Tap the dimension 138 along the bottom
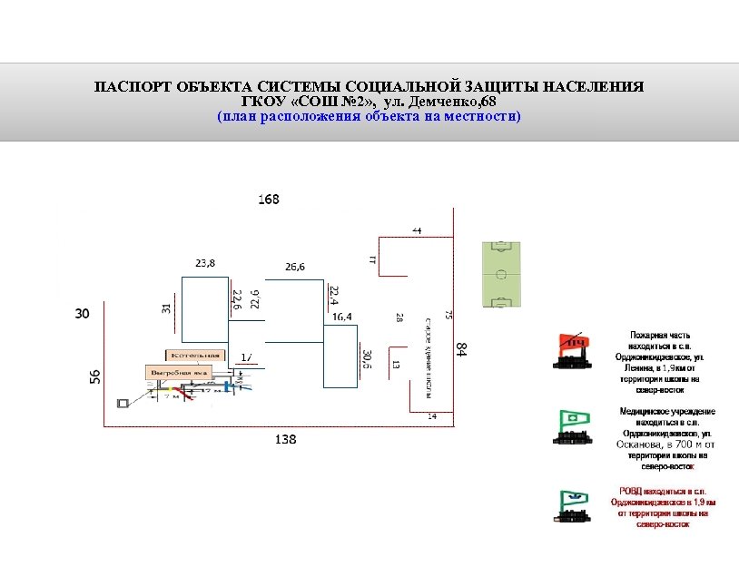[x=285, y=439]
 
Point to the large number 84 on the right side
[x=461, y=348]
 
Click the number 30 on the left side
[x=82, y=314]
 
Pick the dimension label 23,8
[x=205, y=263]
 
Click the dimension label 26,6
[x=295, y=267]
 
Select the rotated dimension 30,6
[x=366, y=360]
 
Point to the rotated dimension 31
[x=166, y=308]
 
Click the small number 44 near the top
[x=417, y=230]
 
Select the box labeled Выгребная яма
[x=180, y=372]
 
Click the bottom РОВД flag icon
[x=573, y=505]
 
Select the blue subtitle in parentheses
[x=369, y=116]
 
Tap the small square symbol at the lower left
[x=123, y=402]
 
